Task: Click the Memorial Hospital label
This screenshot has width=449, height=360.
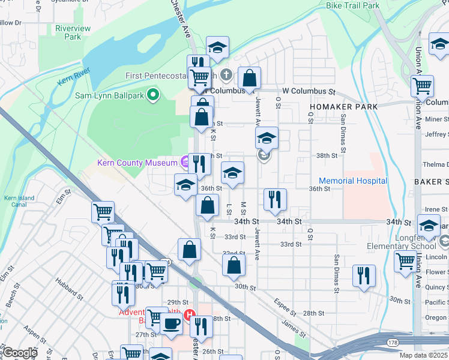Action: click(x=353, y=181)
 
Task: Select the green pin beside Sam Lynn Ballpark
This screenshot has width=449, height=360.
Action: click(x=153, y=94)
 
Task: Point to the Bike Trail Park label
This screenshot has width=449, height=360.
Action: click(x=353, y=5)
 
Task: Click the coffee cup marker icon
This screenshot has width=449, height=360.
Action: click(x=171, y=324)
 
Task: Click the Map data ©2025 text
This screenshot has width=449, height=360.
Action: click(x=424, y=355)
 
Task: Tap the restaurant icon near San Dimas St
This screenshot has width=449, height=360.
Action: click(x=364, y=275)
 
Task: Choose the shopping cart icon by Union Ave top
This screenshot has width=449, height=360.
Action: click(x=423, y=86)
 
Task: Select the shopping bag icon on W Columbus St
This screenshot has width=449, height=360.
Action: click(x=249, y=78)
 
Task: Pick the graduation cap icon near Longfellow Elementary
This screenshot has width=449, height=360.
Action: click(x=429, y=226)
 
